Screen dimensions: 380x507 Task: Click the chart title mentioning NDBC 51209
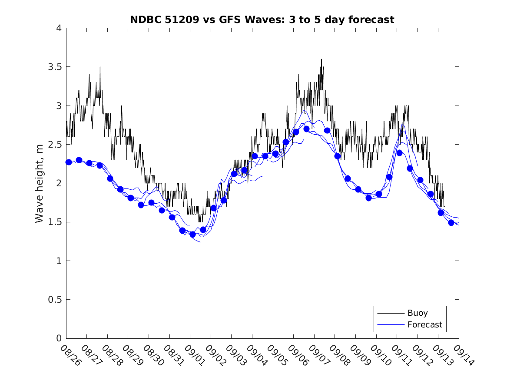(262, 20)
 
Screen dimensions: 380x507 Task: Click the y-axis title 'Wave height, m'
(40, 183)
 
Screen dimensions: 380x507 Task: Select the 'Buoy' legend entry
(418, 313)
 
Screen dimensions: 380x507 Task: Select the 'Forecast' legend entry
(424, 324)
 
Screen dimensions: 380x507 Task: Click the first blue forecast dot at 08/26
(69, 162)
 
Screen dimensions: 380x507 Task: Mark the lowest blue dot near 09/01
(192, 235)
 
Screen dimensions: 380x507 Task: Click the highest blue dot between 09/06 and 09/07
(306, 129)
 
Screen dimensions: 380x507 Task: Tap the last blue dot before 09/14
(451, 223)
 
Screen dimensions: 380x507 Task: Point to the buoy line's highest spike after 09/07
(321, 59)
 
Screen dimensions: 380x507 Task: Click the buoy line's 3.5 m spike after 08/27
(100, 67)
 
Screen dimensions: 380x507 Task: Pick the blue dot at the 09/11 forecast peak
(399, 152)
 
